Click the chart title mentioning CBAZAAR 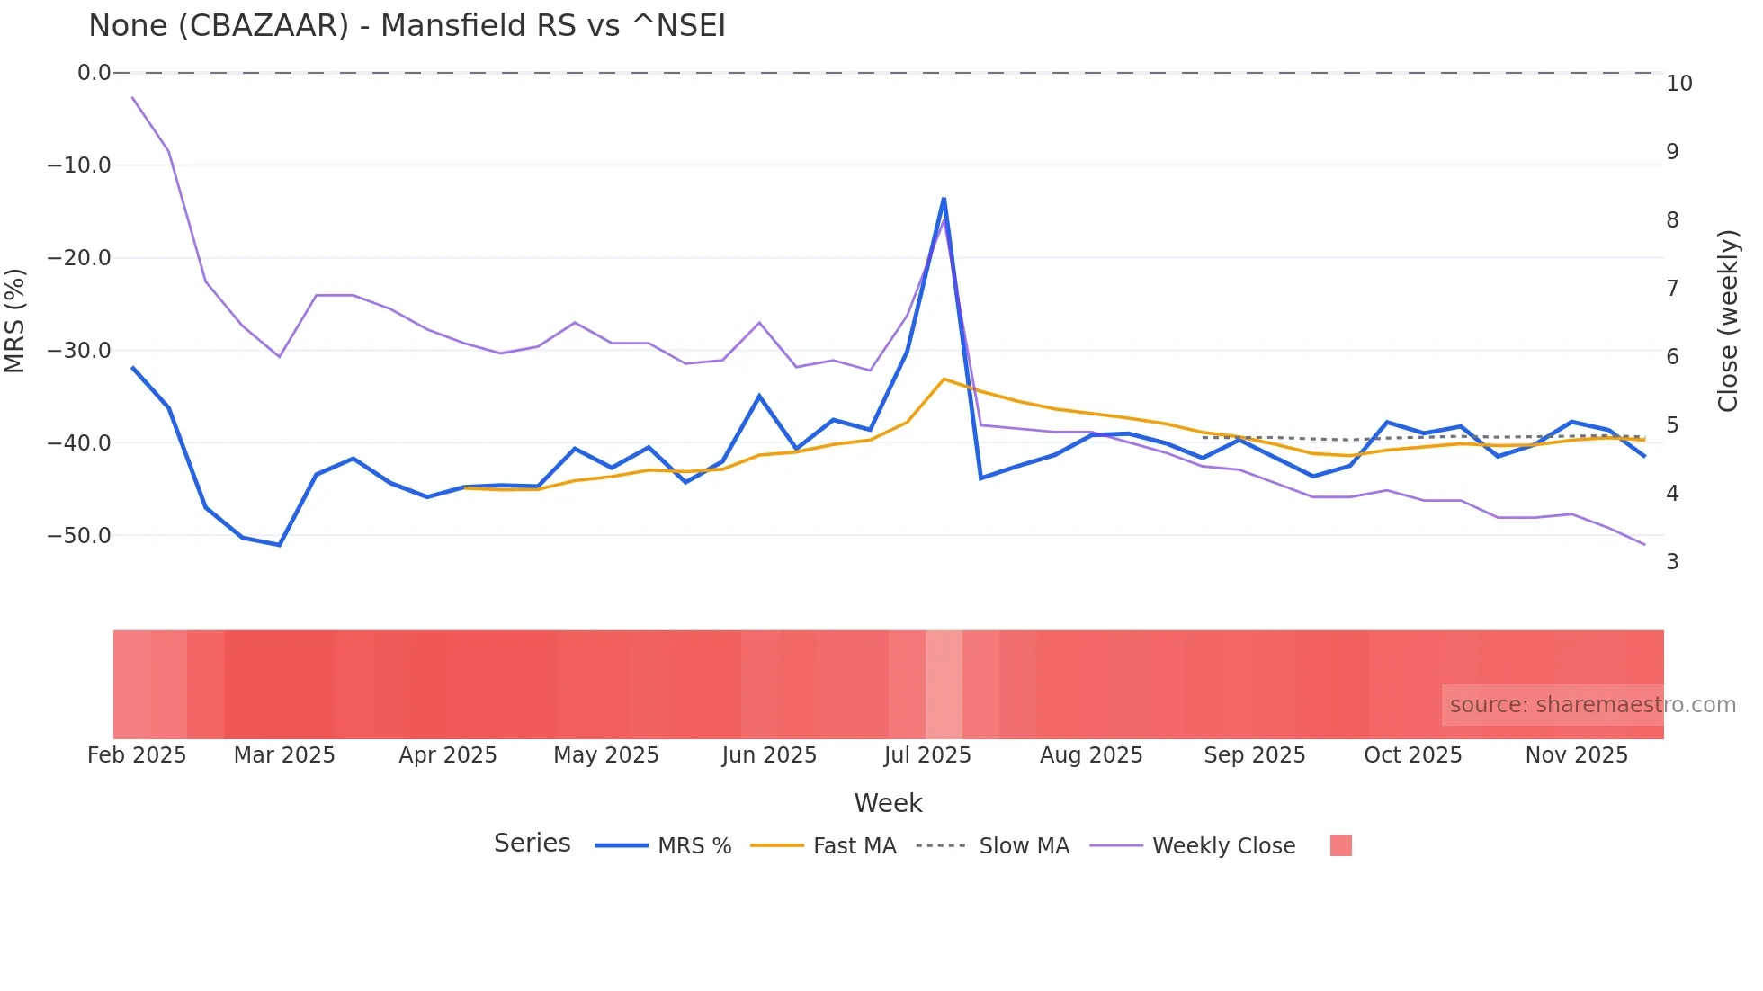pyautogui.click(x=407, y=26)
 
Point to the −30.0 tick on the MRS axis pyautogui.click(x=79, y=351)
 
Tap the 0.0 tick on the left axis pyautogui.click(x=94, y=73)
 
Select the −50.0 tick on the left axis pyautogui.click(x=79, y=536)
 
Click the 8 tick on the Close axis pyautogui.click(x=1672, y=220)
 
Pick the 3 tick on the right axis pyautogui.click(x=1672, y=562)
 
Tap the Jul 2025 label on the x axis pyautogui.click(x=927, y=755)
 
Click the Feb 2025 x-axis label pyautogui.click(x=137, y=755)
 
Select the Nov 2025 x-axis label pyautogui.click(x=1576, y=755)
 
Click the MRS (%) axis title pyautogui.click(x=15, y=320)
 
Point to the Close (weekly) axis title pyautogui.click(x=1728, y=321)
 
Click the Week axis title pyautogui.click(x=888, y=803)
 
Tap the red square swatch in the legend pyautogui.click(x=1340, y=845)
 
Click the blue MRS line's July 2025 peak pyautogui.click(x=944, y=199)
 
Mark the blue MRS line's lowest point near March pyautogui.click(x=280, y=545)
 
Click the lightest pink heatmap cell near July pyautogui.click(x=944, y=684)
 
